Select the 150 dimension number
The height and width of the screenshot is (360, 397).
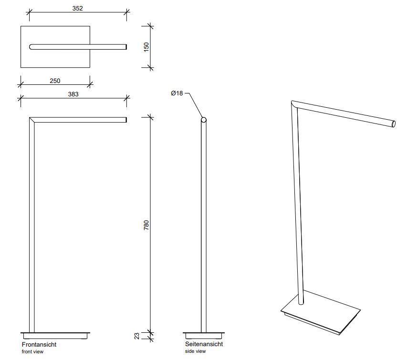tap(146, 46)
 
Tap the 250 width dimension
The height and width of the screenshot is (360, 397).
tap(55, 81)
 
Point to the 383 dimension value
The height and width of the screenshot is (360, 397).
tap(73, 94)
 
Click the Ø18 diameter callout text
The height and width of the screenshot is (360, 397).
tap(177, 93)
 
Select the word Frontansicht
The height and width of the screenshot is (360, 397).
tap(39, 344)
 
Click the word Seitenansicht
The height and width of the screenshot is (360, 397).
tap(204, 344)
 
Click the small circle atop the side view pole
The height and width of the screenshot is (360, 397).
tap(204, 120)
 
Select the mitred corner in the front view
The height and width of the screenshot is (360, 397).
tap(32, 120)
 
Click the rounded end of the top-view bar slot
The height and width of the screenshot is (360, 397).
tap(31, 47)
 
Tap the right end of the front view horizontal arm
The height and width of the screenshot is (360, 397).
tap(125, 120)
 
